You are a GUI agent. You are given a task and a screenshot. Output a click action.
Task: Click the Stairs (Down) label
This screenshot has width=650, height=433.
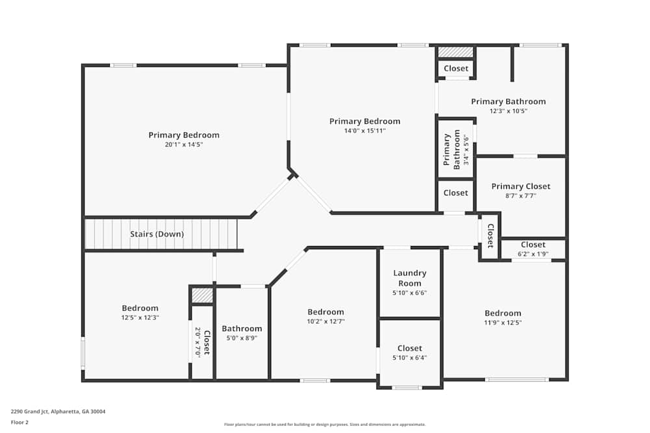(x=157, y=234)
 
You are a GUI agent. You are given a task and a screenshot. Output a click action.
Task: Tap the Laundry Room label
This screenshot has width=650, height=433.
(x=409, y=278)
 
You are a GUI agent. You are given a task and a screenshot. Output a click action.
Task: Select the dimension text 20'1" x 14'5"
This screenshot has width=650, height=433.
(x=184, y=145)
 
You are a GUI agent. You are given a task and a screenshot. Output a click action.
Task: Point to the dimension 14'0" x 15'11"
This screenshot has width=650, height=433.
(x=365, y=130)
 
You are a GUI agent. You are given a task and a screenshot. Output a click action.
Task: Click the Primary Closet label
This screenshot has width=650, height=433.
(x=521, y=186)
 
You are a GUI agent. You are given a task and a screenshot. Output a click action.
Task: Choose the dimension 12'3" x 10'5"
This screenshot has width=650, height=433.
(x=508, y=111)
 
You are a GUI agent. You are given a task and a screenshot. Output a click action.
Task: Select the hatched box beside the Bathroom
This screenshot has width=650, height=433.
(x=203, y=295)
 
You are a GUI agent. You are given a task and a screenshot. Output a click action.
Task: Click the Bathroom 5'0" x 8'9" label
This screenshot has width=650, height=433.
(x=242, y=333)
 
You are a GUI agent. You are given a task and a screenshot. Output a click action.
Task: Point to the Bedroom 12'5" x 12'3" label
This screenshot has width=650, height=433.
(x=140, y=313)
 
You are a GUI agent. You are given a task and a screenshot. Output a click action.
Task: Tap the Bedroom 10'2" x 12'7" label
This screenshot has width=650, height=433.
(x=326, y=316)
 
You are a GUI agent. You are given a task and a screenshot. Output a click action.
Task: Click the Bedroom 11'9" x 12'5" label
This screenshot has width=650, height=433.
(x=502, y=317)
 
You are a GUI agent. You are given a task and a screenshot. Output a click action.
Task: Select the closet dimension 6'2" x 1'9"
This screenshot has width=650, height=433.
(x=533, y=254)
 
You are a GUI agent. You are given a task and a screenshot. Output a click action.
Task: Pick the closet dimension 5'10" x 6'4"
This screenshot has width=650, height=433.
(x=409, y=358)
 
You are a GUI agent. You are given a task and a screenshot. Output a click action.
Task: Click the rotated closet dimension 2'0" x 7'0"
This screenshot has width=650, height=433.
(x=198, y=343)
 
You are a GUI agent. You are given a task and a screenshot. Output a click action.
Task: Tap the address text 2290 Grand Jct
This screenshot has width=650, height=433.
(x=58, y=412)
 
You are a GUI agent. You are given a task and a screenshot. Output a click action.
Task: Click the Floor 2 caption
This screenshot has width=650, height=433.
(x=19, y=422)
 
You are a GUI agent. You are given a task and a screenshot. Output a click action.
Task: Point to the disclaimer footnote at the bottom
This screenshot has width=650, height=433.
(x=325, y=425)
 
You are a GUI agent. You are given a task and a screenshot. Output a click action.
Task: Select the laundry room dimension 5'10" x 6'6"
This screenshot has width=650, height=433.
(x=409, y=293)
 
